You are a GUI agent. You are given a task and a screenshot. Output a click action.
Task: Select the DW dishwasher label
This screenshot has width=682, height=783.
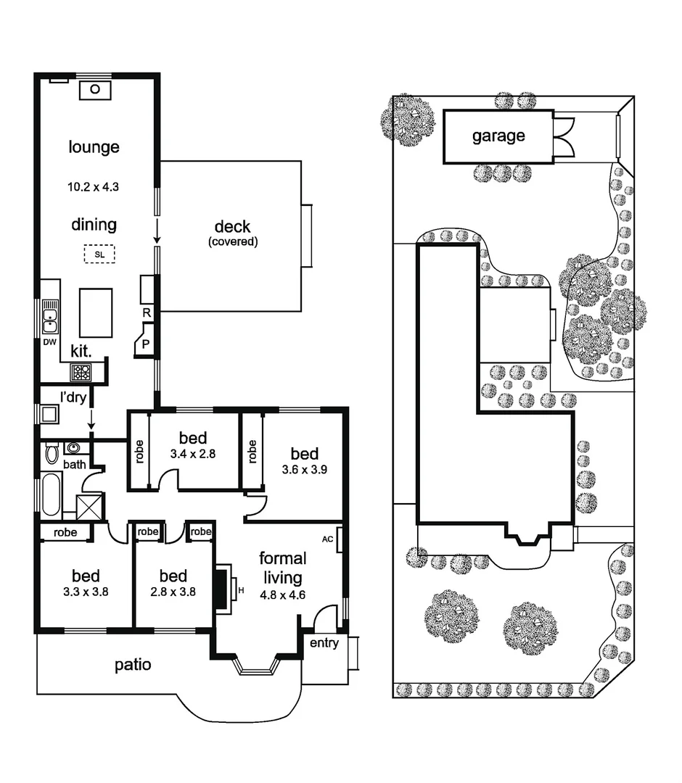tap(49, 341)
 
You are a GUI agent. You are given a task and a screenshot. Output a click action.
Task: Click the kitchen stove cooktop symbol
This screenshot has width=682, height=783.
tap(81, 373)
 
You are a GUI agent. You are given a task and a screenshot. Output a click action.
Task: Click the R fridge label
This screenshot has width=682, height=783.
tap(147, 313)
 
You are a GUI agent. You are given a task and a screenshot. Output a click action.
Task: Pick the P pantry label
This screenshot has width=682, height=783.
tap(146, 344)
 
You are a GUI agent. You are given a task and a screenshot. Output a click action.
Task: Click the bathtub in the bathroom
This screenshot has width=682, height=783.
tap(50, 494)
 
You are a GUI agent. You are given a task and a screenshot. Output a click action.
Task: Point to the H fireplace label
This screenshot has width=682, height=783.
tap(242, 591)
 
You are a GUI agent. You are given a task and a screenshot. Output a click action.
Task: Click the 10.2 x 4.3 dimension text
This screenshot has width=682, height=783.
tap(93, 186)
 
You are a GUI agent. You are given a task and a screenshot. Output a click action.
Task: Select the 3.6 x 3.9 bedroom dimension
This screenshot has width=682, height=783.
tap(304, 469)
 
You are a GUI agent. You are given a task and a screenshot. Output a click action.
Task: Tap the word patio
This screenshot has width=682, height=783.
tap(133, 664)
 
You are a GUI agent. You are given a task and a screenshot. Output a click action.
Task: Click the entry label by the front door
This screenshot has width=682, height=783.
tap(324, 643)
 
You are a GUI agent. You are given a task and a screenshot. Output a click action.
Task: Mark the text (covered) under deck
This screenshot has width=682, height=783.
tap(233, 241)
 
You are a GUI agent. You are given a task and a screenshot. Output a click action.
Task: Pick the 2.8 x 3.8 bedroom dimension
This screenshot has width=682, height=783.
tap(173, 591)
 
